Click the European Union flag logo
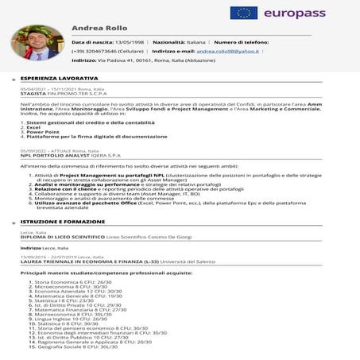tap(244, 13)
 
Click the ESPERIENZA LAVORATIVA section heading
tap(60, 79)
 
